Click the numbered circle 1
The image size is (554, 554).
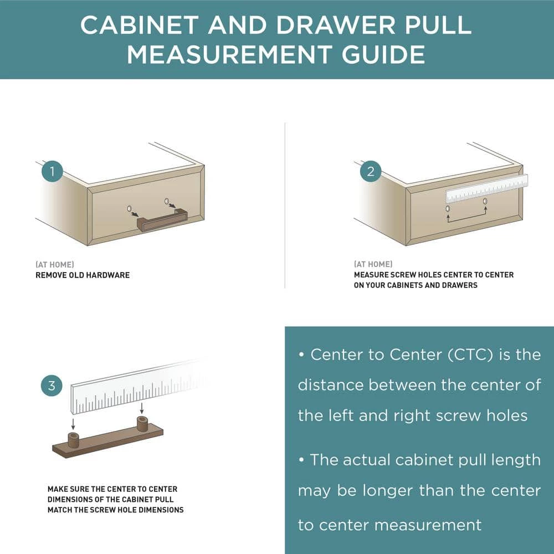tap(52, 171)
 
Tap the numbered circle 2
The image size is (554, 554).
tap(371, 171)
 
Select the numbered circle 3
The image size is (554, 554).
tap(52, 386)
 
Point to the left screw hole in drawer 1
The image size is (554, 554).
tap(129, 208)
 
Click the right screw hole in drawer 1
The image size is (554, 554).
tap(167, 202)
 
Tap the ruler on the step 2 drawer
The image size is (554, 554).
tap(487, 188)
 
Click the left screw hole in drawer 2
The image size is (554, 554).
tap(448, 208)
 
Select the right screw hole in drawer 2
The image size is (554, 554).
tap(485, 202)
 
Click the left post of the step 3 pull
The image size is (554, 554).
tap(73, 439)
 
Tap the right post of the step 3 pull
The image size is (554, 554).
tap(142, 424)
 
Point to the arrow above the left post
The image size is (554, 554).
tap(73, 424)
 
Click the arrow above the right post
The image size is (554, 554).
tap(142, 408)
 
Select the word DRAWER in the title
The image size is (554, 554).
tap(336, 25)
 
